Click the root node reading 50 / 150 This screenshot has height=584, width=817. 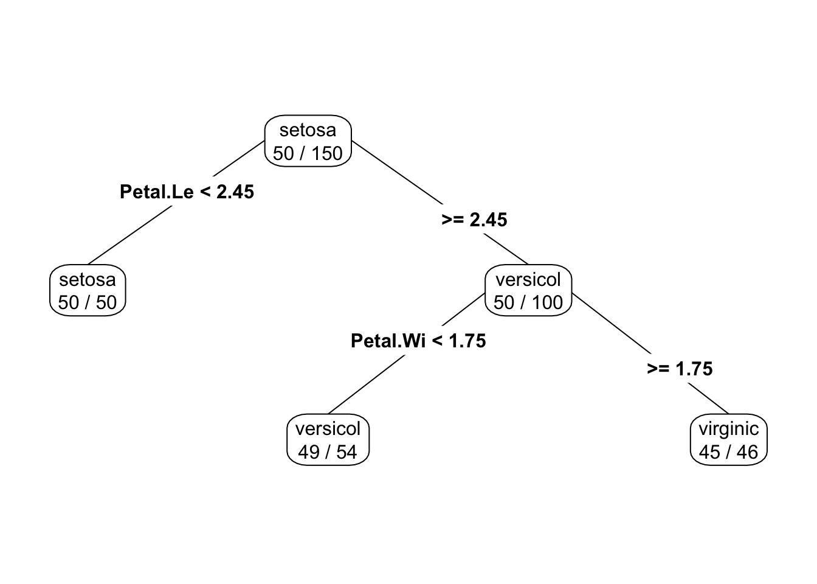pos(308,141)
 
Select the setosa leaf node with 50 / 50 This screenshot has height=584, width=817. pos(88,291)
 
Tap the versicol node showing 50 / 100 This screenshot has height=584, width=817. pos(528,291)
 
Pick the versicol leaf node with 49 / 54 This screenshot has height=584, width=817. pos(328,440)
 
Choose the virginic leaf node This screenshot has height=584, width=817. pos(728,440)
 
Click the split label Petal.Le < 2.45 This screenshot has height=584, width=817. pos(187,192)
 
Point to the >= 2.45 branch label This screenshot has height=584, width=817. pos(474,220)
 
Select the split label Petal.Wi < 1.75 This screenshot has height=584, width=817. pos(418,341)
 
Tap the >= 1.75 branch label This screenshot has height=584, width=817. pos(680,369)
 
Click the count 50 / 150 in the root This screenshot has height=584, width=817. pos(308,153)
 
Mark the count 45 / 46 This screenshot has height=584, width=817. pos(728,452)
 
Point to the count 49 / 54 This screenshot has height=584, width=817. pos(328,452)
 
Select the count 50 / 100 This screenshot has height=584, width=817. pos(528,302)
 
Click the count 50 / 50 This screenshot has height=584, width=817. pos(88,302)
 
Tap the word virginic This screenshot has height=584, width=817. pos(728,429)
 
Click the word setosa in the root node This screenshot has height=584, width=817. pos(308,130)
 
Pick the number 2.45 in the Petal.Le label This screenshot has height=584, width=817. pos(235,192)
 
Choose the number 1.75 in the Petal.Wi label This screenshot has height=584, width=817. pos(467,341)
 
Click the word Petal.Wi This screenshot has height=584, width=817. pos(388,341)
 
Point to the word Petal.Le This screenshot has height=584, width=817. pos(157,192)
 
